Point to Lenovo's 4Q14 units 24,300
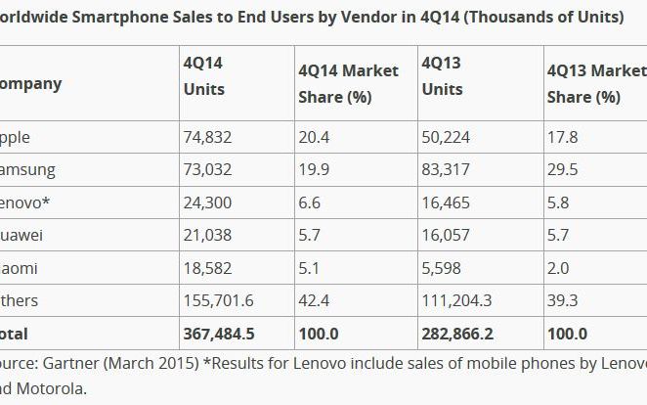206,202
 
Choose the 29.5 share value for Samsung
562,170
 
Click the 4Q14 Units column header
203,75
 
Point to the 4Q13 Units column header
442,75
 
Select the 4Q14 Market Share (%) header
348,84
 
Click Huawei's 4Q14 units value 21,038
206,236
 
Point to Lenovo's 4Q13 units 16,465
445,202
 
